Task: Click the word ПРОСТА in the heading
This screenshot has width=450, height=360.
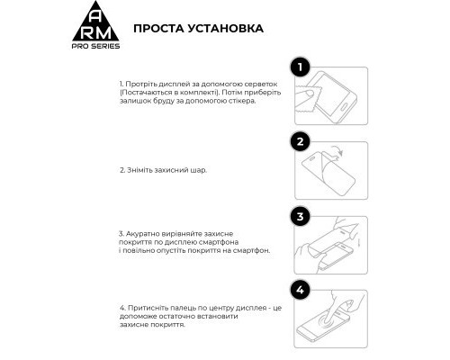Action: [x=159, y=28]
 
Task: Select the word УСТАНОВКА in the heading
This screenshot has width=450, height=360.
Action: [x=225, y=28]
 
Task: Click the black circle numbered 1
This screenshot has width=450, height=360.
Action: [x=301, y=67]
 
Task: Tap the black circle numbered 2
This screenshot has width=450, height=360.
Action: [x=301, y=141]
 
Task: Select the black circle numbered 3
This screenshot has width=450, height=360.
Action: [x=301, y=217]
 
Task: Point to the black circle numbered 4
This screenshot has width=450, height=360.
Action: [x=301, y=291]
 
